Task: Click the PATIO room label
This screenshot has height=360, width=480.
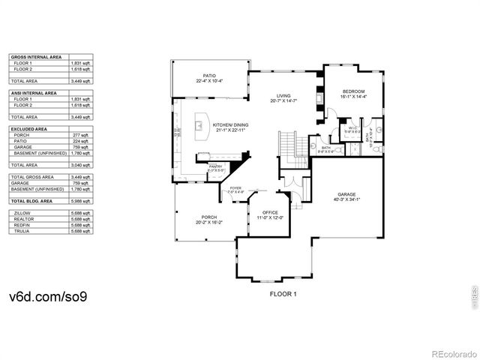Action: coord(209,76)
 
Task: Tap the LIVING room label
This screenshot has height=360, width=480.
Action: coord(283,96)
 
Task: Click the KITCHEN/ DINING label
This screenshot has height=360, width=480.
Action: coord(232,125)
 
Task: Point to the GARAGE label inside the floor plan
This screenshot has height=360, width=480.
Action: coord(346,193)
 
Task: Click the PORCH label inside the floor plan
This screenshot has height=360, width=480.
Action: coord(210,218)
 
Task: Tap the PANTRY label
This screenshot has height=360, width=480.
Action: coord(216,166)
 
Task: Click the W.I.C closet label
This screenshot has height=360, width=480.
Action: coord(350,128)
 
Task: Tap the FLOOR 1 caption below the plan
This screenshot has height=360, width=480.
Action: coord(283,294)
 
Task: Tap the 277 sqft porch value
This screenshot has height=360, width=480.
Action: coord(81,135)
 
